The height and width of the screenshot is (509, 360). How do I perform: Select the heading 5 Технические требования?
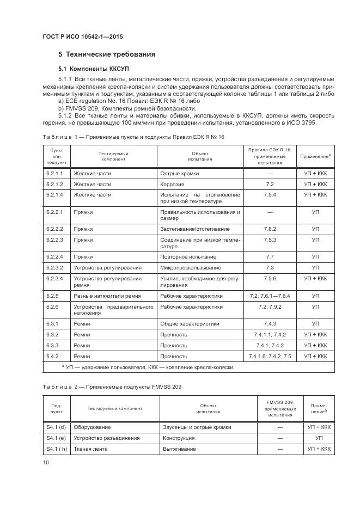[x=107, y=54]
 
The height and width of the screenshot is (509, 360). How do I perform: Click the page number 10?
[x=45, y=462]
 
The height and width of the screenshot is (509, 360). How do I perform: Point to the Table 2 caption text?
[x=112, y=387]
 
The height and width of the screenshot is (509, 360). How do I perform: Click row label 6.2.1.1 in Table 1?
[x=54, y=173]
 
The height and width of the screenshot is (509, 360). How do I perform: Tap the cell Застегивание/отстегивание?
[x=195, y=229]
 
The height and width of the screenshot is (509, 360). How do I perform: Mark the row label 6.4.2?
[x=52, y=356]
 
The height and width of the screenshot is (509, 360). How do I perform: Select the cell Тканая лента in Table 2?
[x=91, y=449]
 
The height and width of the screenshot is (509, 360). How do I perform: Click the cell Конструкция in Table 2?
[x=179, y=438]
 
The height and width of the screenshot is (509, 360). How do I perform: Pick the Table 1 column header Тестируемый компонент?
[x=113, y=157]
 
